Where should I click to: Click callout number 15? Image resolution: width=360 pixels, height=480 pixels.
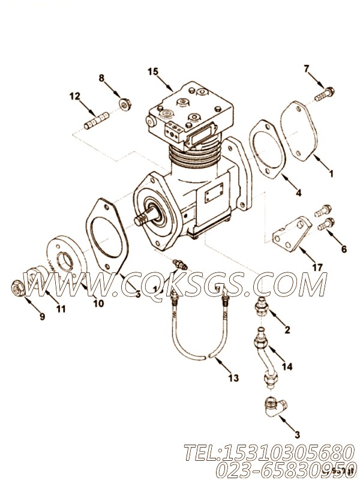(x=153, y=71)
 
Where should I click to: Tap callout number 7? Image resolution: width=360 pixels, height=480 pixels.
(x=307, y=70)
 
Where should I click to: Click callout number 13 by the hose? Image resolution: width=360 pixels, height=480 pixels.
(x=233, y=377)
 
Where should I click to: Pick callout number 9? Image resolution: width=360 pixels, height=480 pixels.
(x=41, y=317)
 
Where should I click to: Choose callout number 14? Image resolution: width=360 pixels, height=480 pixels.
(x=287, y=366)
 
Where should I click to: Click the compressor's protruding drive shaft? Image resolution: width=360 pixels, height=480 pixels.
(x=147, y=217)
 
